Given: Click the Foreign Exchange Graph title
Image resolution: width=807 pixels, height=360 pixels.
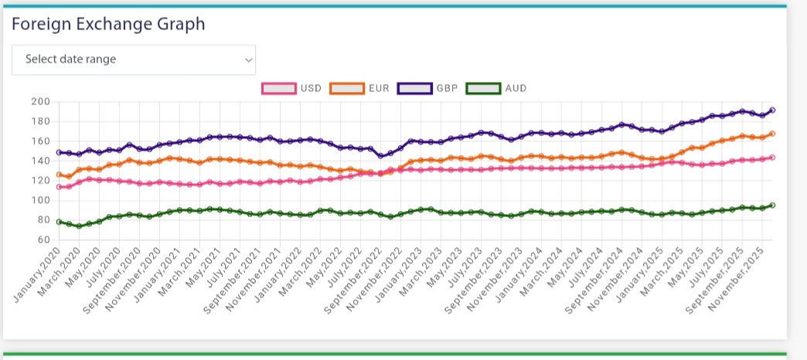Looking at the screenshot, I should pos(108,24).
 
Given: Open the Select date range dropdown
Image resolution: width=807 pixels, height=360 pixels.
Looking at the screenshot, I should pos(133,59).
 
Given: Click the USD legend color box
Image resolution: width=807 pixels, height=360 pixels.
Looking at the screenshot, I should pos(280,88).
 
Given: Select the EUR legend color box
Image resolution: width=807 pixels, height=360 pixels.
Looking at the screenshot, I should pos(347,88).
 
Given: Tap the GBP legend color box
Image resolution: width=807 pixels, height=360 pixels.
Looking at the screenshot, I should pos(414,88).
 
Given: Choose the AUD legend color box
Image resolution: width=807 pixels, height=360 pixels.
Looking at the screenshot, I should pos(483,88).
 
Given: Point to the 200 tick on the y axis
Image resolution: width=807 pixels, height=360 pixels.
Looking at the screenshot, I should pos(40,102).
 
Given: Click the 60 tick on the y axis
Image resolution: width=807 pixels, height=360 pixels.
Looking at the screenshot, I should pos(43,239).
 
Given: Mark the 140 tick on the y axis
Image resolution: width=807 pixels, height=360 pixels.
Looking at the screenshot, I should pos(40,161).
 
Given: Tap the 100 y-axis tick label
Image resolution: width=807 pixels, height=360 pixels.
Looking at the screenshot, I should pos(40,200).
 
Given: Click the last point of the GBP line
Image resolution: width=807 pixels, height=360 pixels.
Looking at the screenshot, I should pos(772,110).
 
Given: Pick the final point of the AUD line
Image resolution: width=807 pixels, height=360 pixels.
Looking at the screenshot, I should pos(772,205).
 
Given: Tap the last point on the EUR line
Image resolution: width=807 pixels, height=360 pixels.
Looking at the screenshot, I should pos(772,134).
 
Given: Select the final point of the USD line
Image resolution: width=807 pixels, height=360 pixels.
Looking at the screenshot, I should pos(772,158).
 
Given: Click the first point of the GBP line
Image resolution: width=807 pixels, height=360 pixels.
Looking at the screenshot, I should pos(59,152).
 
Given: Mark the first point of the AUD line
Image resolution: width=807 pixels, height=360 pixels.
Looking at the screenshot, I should pos(59,222).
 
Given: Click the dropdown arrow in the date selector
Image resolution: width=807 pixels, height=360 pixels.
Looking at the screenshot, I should pos(248,59).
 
